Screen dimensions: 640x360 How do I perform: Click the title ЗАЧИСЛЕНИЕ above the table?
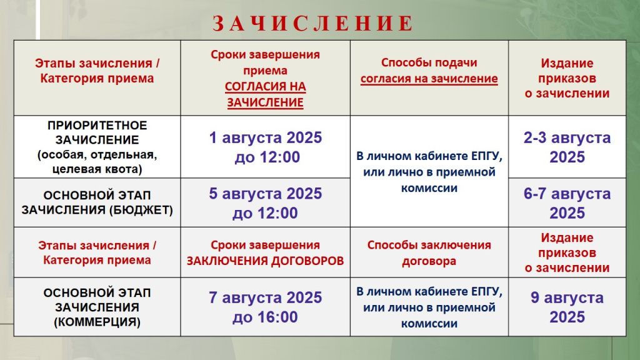click(x=313, y=23)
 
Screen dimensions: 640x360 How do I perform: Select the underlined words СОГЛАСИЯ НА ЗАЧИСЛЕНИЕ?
click(x=265, y=94)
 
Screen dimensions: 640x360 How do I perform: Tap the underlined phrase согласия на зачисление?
click(x=429, y=78)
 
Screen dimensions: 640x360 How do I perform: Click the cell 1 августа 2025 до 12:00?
click(x=266, y=147)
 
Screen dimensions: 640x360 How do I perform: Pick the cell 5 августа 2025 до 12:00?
click(x=266, y=203)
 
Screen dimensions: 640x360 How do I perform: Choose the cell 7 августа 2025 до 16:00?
click(x=266, y=307)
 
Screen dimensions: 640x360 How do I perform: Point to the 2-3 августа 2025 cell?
click(x=567, y=147)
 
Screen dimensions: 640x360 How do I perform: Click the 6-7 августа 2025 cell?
click(x=567, y=203)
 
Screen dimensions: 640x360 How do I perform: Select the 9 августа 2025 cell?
click(x=567, y=307)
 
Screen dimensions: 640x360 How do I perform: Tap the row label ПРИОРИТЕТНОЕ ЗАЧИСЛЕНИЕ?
click(x=97, y=132)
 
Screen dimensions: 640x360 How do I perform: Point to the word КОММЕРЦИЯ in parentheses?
click(x=97, y=322)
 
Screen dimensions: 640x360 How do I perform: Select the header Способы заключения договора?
click(x=429, y=253)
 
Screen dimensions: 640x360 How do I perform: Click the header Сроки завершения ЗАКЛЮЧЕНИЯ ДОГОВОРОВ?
click(x=265, y=253)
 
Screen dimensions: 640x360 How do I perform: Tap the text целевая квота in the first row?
click(x=97, y=169)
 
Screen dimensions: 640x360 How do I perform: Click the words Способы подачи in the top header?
click(x=429, y=63)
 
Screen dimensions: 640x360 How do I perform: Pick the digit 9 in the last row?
click(x=535, y=297)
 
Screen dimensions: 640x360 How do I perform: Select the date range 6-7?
click(x=535, y=194)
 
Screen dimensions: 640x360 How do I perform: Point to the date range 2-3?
click(x=535, y=137)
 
